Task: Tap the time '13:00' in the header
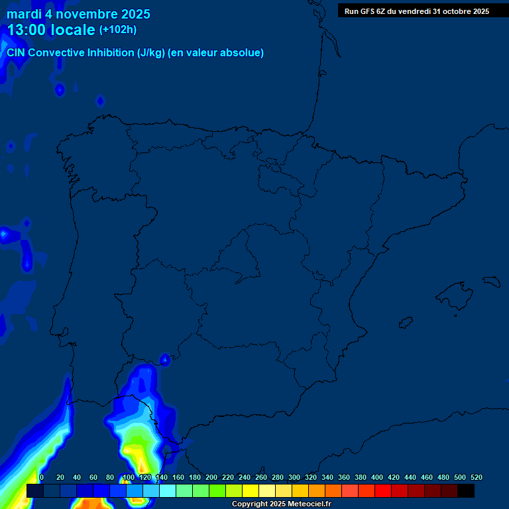click(27, 30)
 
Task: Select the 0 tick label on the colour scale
click(42, 477)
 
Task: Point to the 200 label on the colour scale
click(211, 477)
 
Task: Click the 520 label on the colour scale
click(476, 477)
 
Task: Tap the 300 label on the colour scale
click(294, 477)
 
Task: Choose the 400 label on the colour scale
click(377, 477)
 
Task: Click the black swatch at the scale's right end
click(466, 490)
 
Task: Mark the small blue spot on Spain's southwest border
click(166, 360)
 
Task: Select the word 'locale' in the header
click(73, 30)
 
